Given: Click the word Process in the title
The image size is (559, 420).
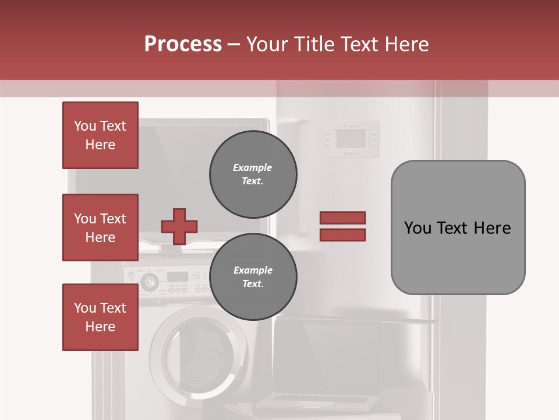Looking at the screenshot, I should (183, 44).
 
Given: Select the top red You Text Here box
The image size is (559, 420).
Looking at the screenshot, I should (100, 135).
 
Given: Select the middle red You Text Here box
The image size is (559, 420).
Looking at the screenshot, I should (100, 228).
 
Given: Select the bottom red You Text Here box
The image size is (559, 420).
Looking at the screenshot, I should (100, 317).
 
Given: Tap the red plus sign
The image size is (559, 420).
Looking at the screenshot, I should (179, 226).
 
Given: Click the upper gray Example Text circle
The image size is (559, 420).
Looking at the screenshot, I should (253, 174).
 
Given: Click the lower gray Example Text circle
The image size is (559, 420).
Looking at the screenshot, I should (253, 277).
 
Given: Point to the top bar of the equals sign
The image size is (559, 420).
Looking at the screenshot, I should (342, 218).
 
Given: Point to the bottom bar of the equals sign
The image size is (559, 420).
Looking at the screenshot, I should (342, 235).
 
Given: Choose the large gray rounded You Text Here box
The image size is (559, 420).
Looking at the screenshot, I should (458, 228).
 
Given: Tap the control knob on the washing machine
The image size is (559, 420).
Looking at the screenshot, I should (149, 281).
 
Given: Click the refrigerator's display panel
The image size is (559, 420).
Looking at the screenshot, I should (352, 139).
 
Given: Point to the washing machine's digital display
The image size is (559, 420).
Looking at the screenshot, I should (178, 276).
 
